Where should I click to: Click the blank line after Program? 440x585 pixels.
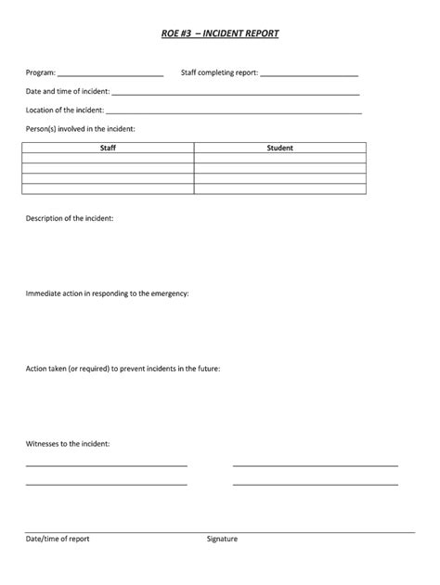click(110, 73)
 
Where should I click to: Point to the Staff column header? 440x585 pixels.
click(108, 148)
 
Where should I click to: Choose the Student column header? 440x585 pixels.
click(279, 148)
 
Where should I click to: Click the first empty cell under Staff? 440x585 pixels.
click(108, 158)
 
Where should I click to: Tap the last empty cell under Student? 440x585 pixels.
click(279, 188)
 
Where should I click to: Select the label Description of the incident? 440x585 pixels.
click(71, 217)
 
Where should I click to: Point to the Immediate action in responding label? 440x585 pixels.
click(108, 293)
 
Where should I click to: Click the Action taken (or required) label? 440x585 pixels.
click(123, 369)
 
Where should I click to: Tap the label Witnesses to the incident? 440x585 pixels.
click(68, 444)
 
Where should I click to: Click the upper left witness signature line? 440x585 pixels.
click(107, 464)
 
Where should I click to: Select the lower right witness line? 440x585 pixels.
click(315, 484)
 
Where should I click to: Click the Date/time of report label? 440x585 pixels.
click(58, 539)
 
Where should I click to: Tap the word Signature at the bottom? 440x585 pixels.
click(222, 539)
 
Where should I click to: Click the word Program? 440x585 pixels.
click(39, 72)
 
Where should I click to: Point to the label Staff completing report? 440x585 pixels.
click(220, 72)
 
